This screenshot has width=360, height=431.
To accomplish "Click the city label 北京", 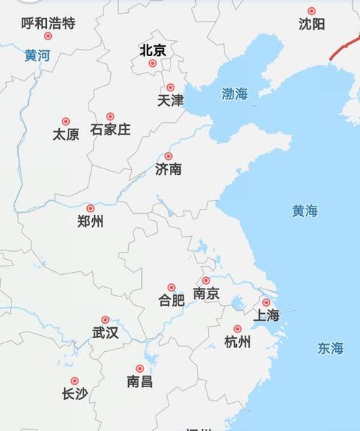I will [153, 50].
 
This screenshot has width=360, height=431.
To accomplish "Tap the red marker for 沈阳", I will [312, 11].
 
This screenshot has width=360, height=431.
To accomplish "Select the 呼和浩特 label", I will [48, 23].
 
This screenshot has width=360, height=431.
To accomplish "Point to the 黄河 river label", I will [37, 55].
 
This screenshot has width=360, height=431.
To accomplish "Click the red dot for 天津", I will [171, 88].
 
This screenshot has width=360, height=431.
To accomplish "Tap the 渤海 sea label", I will [235, 94].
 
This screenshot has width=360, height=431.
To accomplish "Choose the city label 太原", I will [66, 135].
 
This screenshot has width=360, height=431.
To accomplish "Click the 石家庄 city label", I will [110, 130].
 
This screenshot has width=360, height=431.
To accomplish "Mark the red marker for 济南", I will [168, 156].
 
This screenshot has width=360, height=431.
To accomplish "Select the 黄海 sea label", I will [305, 212].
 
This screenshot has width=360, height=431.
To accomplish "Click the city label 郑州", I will [90, 222].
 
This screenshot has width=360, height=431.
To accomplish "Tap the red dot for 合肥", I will [171, 287].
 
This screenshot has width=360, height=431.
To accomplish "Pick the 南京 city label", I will [207, 294].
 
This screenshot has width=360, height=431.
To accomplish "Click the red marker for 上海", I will [266, 303].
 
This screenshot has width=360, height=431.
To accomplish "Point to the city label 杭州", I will [238, 342].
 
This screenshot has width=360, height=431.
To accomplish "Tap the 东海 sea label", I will [330, 349].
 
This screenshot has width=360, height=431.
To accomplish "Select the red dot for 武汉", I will [105, 319].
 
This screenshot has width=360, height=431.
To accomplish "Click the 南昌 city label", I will [140, 382].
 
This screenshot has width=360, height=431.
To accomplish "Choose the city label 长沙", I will [75, 394].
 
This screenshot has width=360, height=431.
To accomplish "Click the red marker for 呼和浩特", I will [48, 36].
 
